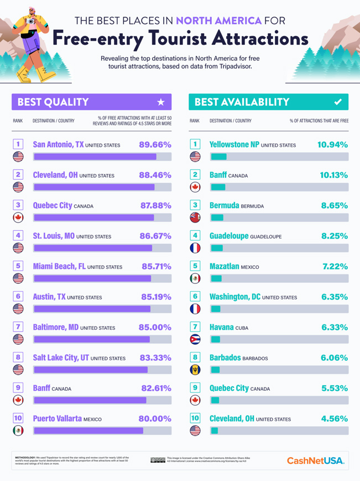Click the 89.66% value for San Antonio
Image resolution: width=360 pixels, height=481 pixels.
(x=155, y=145)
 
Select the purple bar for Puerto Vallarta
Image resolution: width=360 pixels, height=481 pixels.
(x=88, y=430)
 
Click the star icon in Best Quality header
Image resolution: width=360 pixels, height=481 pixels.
(x=161, y=102)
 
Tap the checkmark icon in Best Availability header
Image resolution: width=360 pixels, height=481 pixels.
(x=338, y=102)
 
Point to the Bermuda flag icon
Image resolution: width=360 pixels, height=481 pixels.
(x=195, y=217)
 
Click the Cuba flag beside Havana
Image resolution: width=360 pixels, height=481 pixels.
(x=195, y=339)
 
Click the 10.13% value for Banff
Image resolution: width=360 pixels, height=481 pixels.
(x=334, y=175)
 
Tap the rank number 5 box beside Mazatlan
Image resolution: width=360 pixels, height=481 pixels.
(x=195, y=266)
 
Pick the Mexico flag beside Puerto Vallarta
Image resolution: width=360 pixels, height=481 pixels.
(x=18, y=430)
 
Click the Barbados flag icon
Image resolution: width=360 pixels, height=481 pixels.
(x=195, y=369)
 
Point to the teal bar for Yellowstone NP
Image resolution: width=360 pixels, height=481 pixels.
(x=218, y=157)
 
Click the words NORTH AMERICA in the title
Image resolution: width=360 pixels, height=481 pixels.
(x=218, y=22)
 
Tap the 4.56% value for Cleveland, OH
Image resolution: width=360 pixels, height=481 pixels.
(x=335, y=419)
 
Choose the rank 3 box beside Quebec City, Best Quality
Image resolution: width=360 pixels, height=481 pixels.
(x=18, y=205)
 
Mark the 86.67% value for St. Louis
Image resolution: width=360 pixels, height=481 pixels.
(x=155, y=236)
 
